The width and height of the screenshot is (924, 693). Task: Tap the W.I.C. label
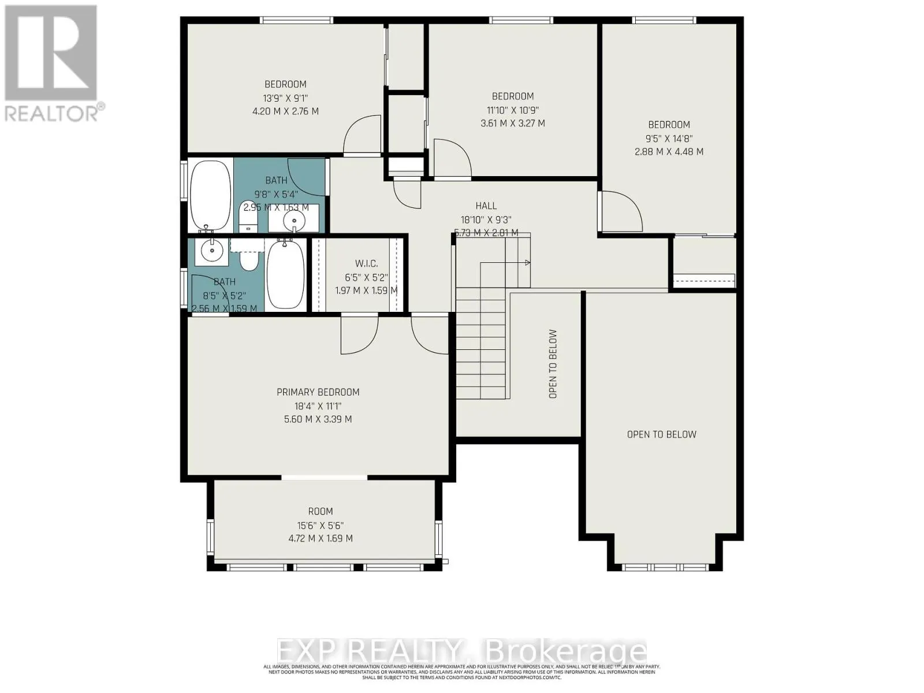click(366, 263)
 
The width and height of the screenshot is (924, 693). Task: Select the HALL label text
click(486, 206)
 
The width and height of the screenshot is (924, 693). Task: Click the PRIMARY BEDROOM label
click(318, 392)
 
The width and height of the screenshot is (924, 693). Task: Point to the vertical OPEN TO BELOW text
click(553, 364)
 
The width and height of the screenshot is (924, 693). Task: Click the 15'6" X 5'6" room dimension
click(320, 525)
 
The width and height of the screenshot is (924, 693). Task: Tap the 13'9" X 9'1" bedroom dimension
click(285, 98)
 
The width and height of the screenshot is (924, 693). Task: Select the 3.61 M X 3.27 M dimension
click(512, 123)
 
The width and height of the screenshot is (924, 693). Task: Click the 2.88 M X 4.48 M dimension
click(669, 152)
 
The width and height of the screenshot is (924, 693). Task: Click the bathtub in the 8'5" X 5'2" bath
click(285, 275)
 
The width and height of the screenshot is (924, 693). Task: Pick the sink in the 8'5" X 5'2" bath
click(211, 250)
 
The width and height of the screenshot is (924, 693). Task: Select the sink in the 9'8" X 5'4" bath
click(294, 220)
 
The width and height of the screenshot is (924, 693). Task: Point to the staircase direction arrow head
click(527, 263)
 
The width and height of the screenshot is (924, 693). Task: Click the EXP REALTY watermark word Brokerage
click(566, 652)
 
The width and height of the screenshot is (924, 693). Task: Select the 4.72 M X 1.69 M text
click(320, 538)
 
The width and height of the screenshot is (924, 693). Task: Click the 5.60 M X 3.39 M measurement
click(318, 419)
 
